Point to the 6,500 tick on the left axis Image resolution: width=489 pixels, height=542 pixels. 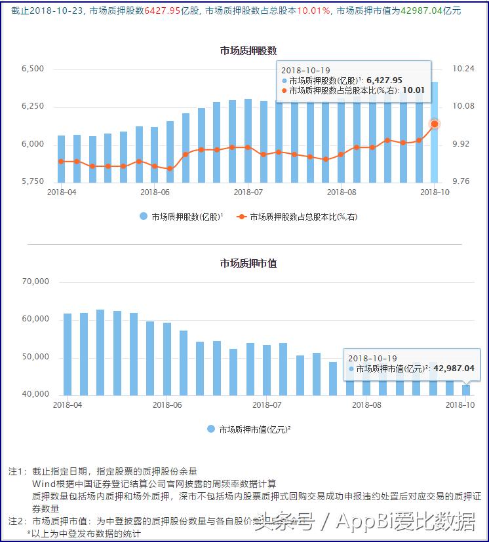pyautogui.click(x=32, y=69)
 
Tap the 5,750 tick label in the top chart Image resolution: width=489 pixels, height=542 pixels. pyautogui.click(x=32, y=181)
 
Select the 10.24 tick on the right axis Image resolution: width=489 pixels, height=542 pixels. pyautogui.click(x=463, y=69)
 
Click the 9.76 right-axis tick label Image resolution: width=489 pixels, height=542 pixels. pyautogui.click(x=463, y=181)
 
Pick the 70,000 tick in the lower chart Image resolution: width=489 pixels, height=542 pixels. pyautogui.click(x=36, y=282)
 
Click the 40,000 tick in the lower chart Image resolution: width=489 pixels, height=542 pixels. pyautogui.click(x=36, y=394)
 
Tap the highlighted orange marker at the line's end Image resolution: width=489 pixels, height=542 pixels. pyautogui.click(x=434, y=124)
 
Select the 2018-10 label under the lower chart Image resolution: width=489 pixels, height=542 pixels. pyautogui.click(x=460, y=405)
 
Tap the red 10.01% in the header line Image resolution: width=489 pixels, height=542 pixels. pyautogui.click(x=313, y=10)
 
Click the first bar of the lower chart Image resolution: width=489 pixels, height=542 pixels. pyautogui.click(x=68, y=354)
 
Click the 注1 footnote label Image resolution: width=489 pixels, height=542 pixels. pyautogui.click(x=17, y=471)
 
